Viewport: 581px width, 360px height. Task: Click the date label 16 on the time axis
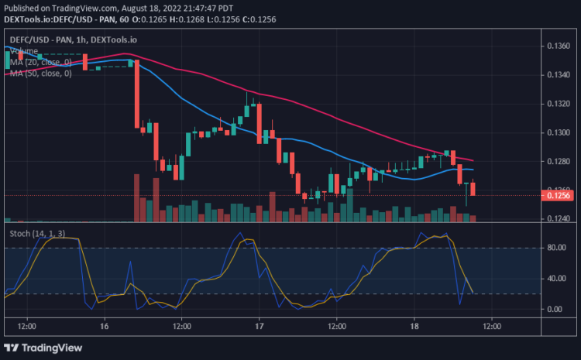click(104, 326)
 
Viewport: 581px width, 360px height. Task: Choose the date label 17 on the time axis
click(259, 326)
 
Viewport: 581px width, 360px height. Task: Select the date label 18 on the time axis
click(414, 326)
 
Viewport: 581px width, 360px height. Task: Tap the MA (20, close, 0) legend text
click(38, 62)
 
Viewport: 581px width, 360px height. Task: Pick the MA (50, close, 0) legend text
click(38, 74)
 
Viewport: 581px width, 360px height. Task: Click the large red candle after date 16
click(137, 93)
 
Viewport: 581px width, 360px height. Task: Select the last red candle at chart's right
click(473, 188)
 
